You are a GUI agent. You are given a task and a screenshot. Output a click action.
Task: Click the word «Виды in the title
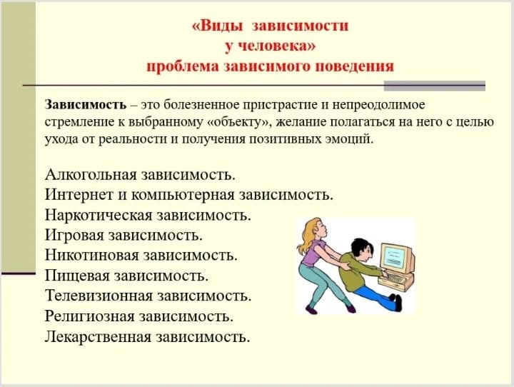coord(218,26)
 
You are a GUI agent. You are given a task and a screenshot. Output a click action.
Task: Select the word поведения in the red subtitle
coord(354,66)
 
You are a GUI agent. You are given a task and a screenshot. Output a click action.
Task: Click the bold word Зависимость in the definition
coord(86,105)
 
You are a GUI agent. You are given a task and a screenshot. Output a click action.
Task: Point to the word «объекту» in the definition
coord(238,122)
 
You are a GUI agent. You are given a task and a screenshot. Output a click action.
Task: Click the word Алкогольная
coord(91,174)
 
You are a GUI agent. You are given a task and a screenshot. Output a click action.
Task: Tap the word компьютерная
coord(183,196)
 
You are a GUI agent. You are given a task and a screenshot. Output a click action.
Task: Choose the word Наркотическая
coord(99,216)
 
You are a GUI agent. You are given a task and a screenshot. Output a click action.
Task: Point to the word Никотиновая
coord(92,256)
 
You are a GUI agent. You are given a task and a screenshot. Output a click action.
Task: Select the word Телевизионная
coord(99,296)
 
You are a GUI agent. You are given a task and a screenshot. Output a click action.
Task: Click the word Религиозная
coord(90,317)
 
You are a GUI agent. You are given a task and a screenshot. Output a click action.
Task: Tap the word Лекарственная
coord(98,337)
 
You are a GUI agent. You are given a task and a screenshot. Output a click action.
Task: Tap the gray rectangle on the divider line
coord(434,86)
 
